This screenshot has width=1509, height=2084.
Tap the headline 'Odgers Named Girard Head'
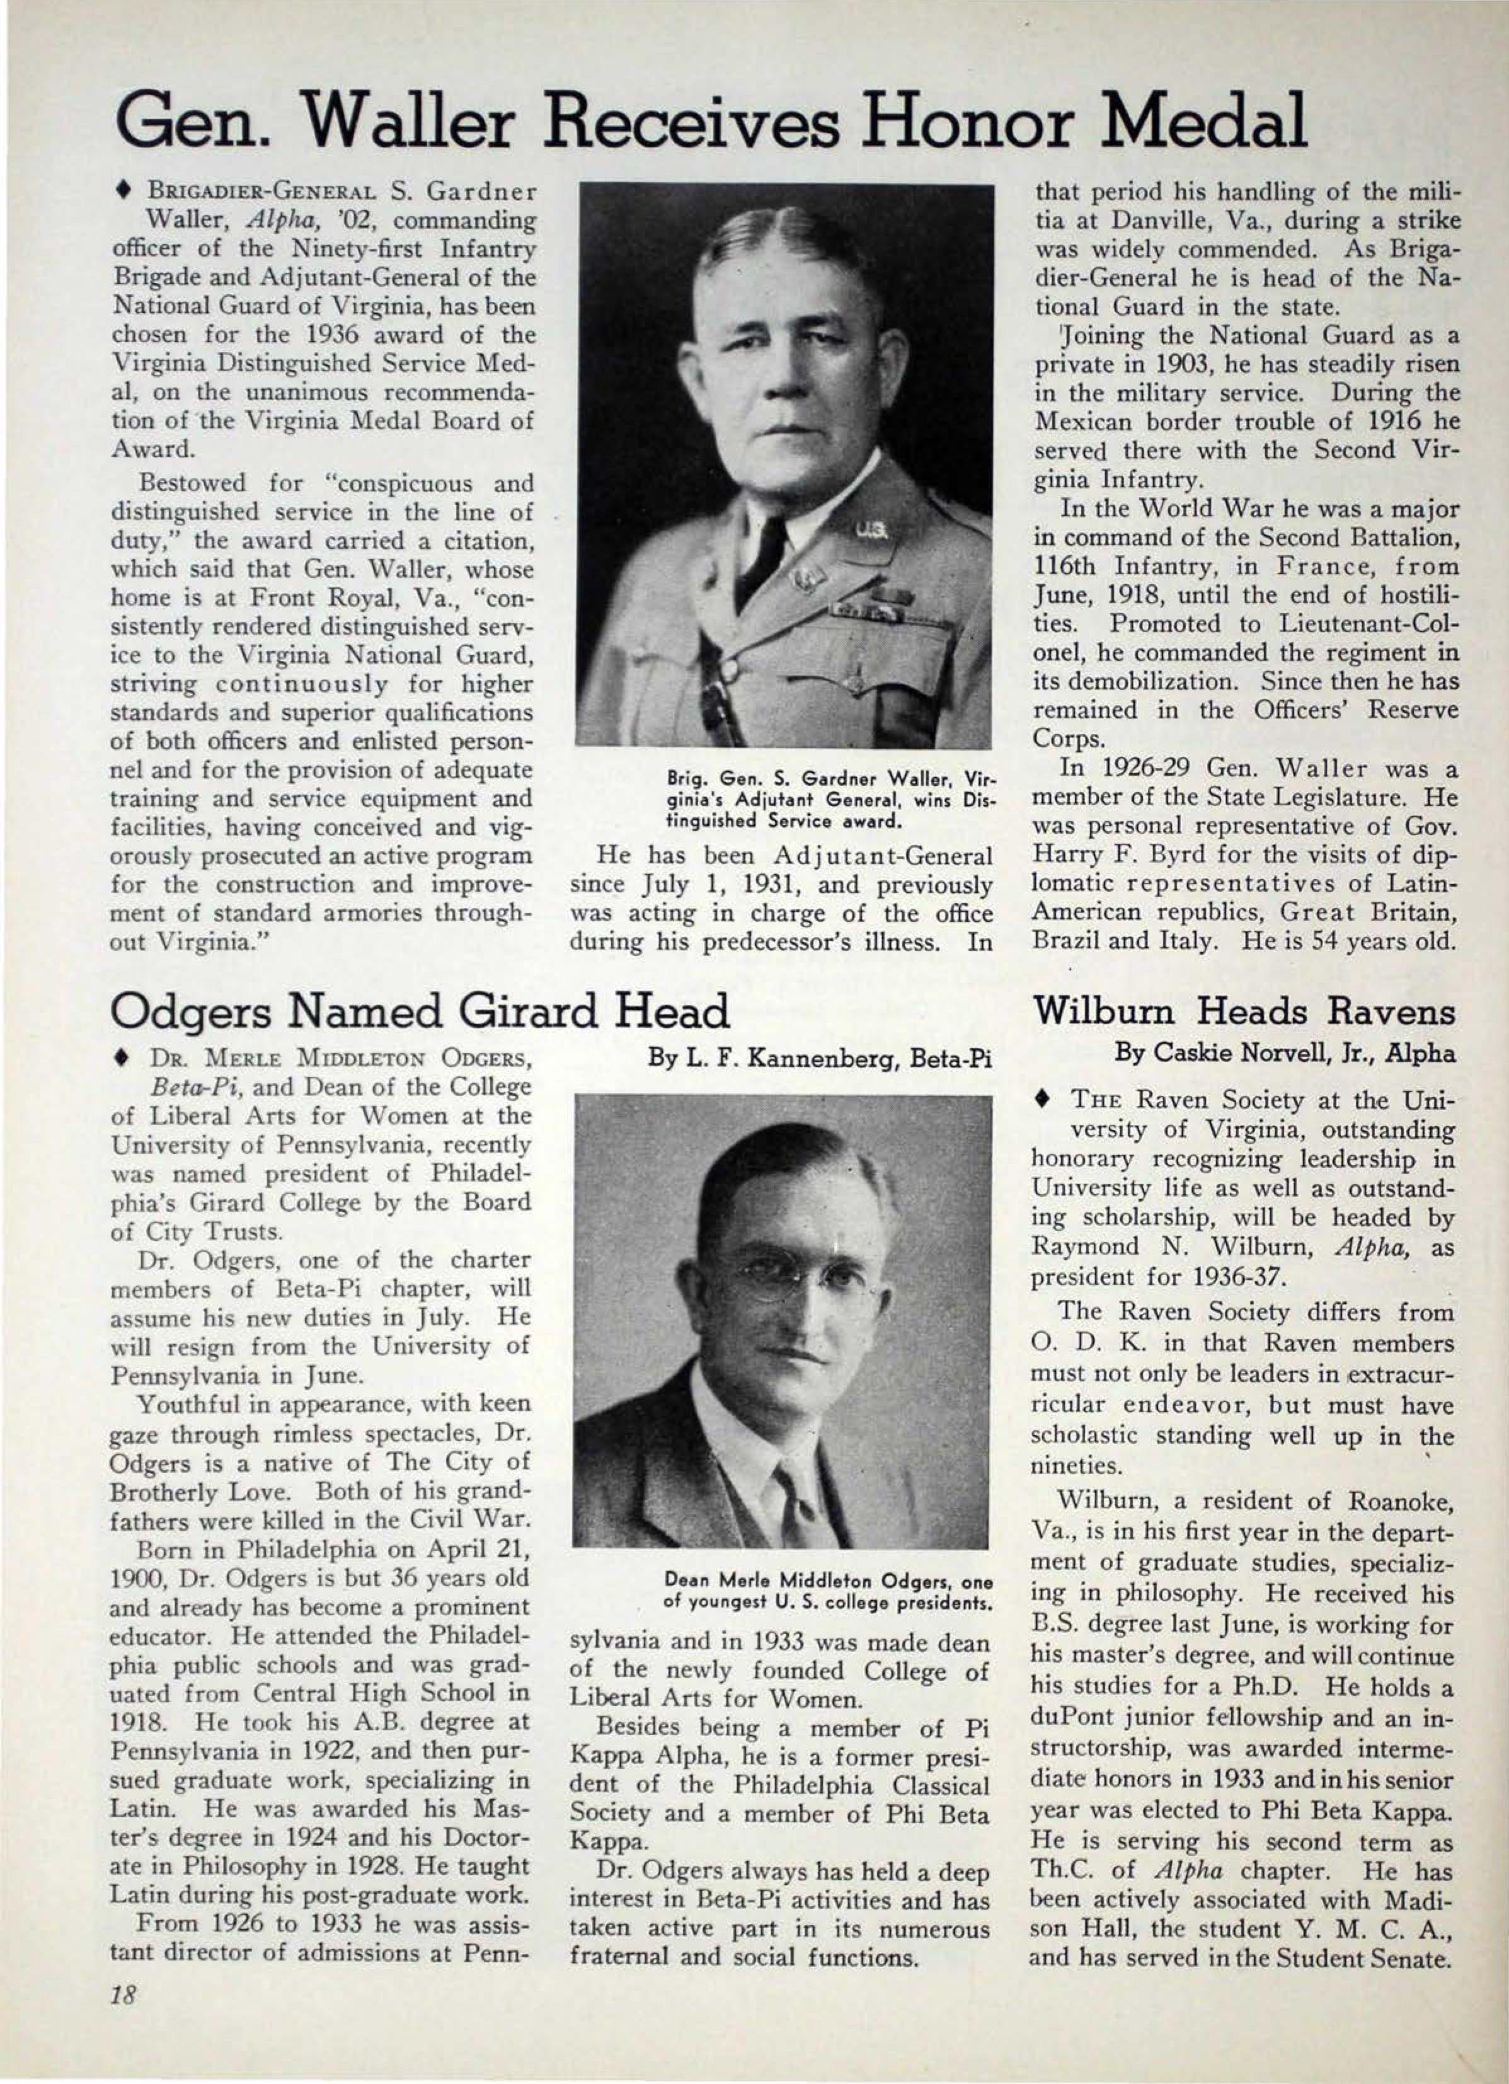[x=420, y=1011]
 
